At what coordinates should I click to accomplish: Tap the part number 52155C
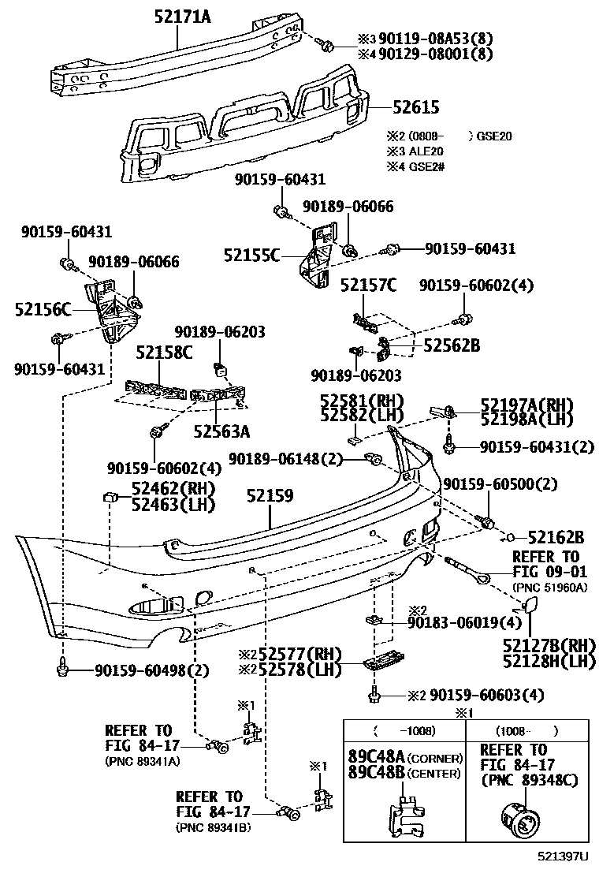pos(251,255)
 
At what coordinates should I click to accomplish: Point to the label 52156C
pos(43,310)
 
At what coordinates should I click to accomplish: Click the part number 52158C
pos(163,352)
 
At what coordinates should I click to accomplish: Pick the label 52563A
pos(221,431)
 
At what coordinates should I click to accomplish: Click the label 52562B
pos(452,345)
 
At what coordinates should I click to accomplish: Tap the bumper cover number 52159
pos(270,495)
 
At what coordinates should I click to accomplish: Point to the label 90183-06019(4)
pos(477,623)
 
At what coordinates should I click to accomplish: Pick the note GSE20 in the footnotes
pos(494,136)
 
